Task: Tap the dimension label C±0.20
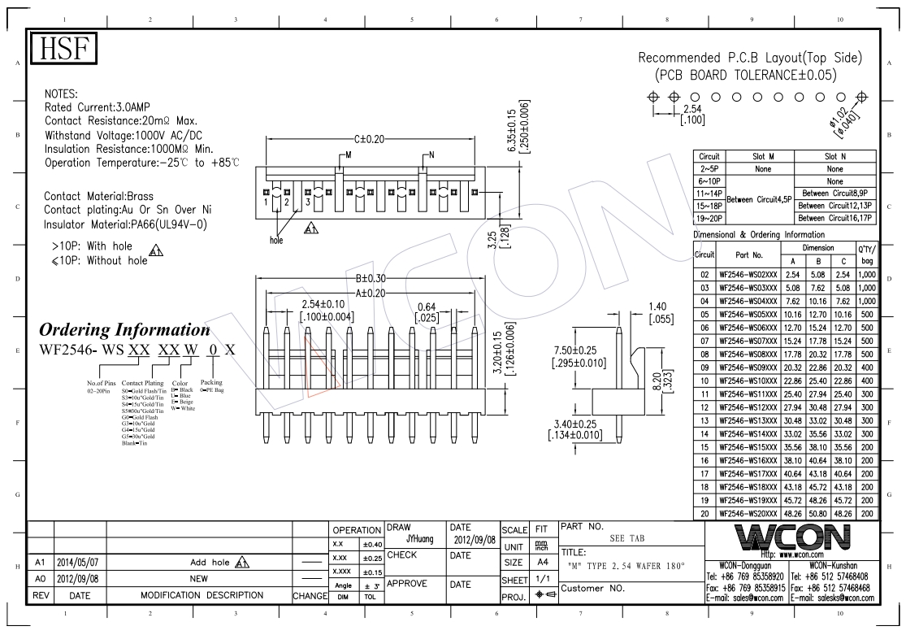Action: point(370,139)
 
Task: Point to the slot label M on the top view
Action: point(349,154)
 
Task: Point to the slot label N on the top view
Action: point(431,154)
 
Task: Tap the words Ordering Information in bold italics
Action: point(124,330)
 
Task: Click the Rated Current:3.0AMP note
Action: point(98,107)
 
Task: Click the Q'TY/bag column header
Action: point(866,254)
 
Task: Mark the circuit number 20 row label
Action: point(704,513)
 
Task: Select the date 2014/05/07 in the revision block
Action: point(80,562)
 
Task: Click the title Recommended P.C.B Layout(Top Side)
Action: point(750,59)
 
